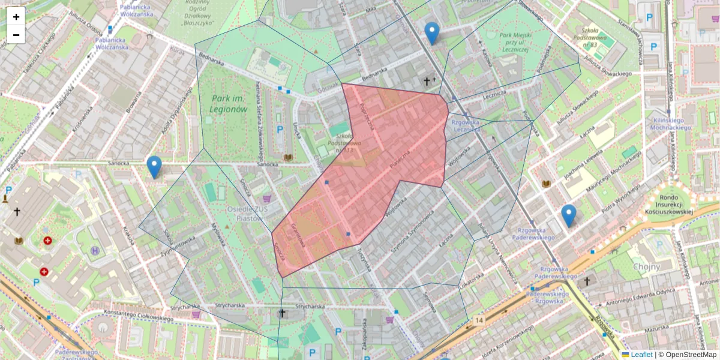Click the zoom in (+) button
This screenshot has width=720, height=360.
tap(16, 17)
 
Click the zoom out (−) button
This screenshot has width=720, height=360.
tap(16, 35)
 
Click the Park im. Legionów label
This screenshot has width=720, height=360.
tap(229, 103)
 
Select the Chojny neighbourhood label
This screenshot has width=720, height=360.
tap(647, 267)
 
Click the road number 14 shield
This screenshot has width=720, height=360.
tap(478, 321)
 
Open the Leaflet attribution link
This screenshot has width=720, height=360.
tap(641, 355)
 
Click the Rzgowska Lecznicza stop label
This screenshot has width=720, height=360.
tap(467, 125)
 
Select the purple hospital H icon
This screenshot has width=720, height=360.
tap(95, 250)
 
